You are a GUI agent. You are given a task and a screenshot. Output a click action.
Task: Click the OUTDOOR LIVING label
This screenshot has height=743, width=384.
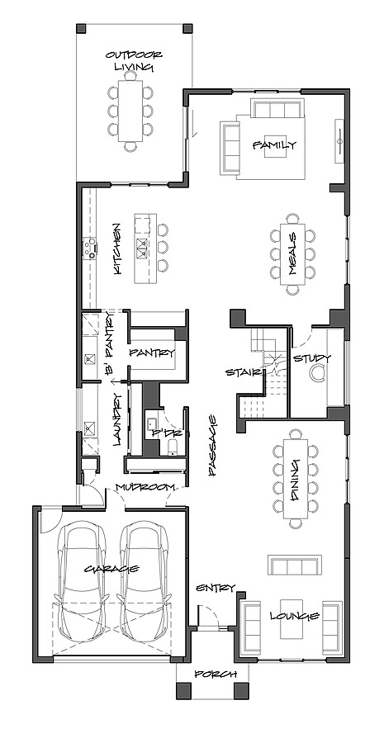tap(134, 61)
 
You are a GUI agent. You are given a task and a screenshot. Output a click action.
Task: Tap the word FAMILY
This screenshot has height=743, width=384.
tap(274, 145)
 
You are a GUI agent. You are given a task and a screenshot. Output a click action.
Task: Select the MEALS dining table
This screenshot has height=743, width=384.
tap(293, 254)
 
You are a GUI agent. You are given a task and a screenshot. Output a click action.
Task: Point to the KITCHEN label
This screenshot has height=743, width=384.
tap(117, 248)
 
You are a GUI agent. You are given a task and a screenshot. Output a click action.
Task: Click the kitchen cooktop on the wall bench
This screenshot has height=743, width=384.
tap(90, 248)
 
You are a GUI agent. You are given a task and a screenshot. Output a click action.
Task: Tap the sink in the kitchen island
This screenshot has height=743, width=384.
tap(142, 246)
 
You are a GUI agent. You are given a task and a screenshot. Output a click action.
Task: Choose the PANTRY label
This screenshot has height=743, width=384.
tap(152, 353)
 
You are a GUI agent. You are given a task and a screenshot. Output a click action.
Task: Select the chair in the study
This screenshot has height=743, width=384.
tap(315, 374)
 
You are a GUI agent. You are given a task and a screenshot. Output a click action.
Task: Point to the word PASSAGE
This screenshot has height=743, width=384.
tap(213, 445)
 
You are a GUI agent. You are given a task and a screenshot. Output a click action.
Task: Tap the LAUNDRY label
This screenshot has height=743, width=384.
tap(119, 419)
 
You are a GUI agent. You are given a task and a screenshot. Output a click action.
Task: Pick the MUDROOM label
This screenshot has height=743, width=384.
tap(145, 486)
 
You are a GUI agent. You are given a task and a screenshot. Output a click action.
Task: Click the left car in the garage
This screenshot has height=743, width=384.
tap(82, 582)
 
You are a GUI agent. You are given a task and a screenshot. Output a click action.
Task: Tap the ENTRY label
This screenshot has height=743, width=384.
tap(216, 588)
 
